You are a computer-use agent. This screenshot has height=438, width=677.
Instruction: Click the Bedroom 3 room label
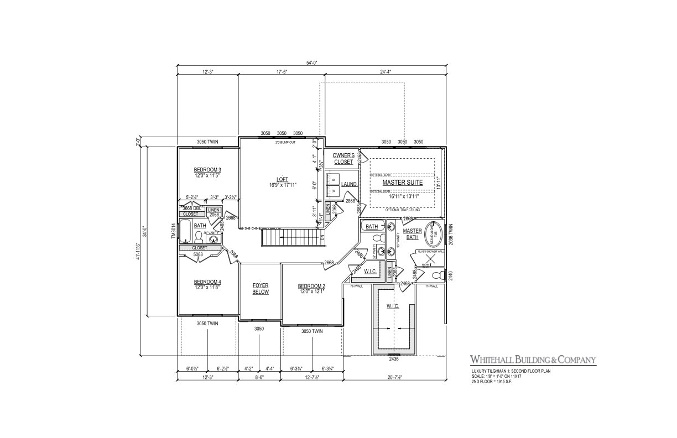point(207,170)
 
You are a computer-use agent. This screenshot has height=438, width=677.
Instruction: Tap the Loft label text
point(282,179)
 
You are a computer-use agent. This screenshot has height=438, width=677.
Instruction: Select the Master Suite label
point(402,182)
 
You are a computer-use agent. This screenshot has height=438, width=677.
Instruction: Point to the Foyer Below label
point(260,289)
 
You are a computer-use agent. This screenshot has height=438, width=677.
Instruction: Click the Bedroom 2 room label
point(311,286)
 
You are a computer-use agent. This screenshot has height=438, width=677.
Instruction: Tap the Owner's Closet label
point(343,159)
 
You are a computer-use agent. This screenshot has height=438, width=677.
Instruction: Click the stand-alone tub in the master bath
point(432,234)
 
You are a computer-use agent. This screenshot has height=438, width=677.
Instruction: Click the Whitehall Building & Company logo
point(533,360)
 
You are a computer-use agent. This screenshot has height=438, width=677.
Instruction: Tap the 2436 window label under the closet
point(394,359)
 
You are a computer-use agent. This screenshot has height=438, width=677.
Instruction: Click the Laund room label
point(348,184)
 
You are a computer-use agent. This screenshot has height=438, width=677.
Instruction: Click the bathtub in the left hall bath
point(185,232)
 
